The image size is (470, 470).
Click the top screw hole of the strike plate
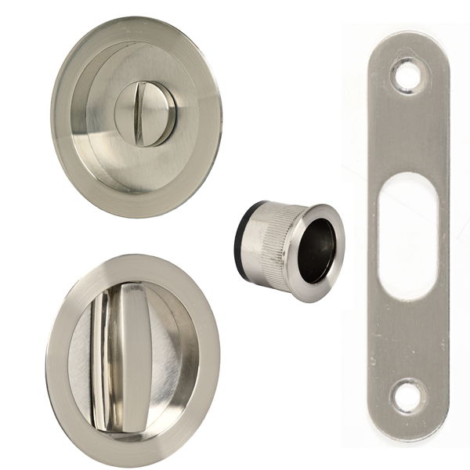tap(406, 74)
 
